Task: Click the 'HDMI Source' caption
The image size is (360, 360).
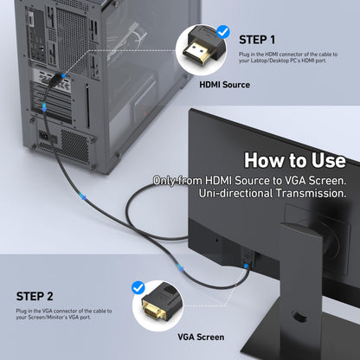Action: [x=224, y=85]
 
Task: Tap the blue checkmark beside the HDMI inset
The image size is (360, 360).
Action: [x=224, y=32]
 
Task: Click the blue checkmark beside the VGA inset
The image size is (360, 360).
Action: [x=138, y=286]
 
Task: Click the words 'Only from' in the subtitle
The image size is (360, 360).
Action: [x=177, y=179]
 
